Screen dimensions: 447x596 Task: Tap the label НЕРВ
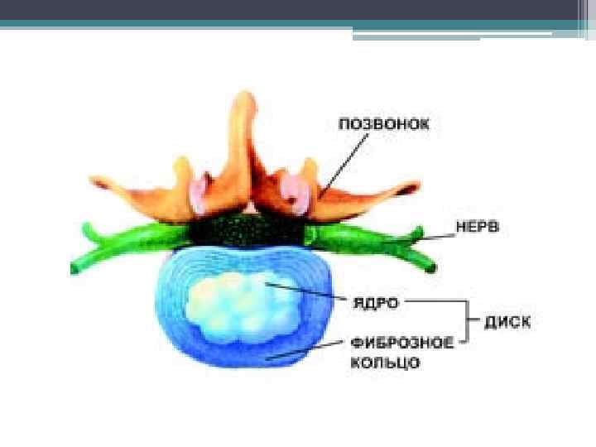coord(478,228)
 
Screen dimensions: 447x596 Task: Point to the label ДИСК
coord(507,322)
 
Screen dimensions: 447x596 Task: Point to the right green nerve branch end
coord(430,267)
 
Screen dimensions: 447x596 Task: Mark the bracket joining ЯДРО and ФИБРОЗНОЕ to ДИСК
coord(469,321)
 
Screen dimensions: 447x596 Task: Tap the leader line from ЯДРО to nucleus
coord(306,293)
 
